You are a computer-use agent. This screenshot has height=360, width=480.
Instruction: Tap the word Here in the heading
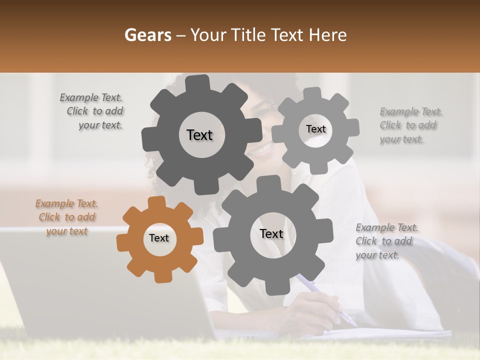point(327,35)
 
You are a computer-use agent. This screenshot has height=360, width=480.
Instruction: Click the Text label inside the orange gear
point(159,238)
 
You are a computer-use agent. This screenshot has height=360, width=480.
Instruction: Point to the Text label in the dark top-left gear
point(199,135)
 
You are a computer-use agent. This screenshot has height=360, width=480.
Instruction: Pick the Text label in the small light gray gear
point(315,129)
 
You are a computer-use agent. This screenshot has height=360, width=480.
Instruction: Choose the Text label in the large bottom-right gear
point(271,233)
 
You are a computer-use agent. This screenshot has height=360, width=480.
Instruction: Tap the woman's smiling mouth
point(263,148)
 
